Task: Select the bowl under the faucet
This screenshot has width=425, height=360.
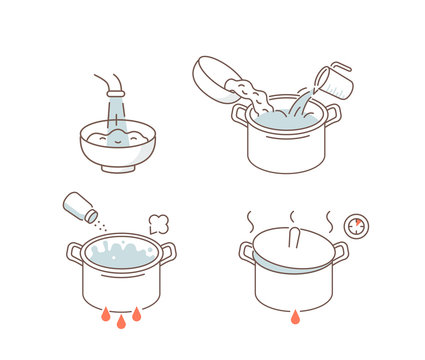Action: pyautogui.click(x=117, y=150)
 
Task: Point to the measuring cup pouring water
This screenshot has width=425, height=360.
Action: pyautogui.click(x=334, y=82)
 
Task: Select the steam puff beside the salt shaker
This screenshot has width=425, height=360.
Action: pyautogui.click(x=158, y=223)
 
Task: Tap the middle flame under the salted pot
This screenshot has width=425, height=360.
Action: pyautogui.click(x=121, y=321)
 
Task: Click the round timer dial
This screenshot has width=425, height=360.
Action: pyautogui.click(x=356, y=226)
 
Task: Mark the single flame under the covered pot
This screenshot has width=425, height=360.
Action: pyautogui.click(x=294, y=317)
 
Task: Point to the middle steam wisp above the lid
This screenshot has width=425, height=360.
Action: pyautogui.click(x=291, y=216)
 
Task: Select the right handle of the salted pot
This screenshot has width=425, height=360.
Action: pyautogui.click(x=168, y=252)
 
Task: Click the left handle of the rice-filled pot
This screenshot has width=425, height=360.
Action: pyautogui.click(x=240, y=114)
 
